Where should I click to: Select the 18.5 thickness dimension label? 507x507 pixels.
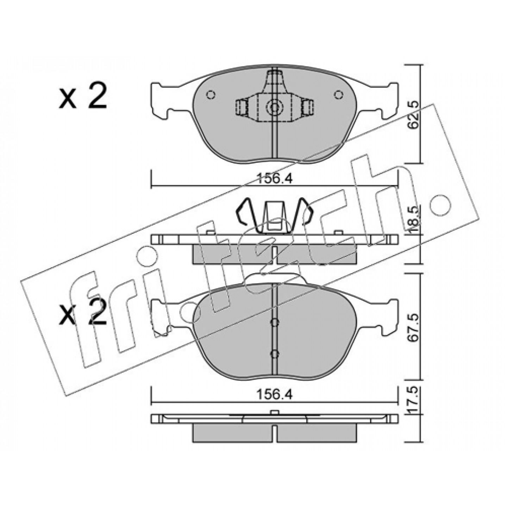click(413, 219)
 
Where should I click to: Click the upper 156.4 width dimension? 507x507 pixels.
click(274, 180)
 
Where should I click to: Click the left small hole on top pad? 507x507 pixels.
click(211, 94)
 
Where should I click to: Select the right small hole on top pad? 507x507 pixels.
click(338, 94)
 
